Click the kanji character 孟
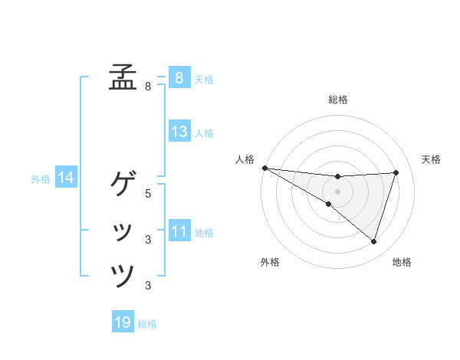123,77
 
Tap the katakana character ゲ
123,183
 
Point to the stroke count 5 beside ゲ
148,194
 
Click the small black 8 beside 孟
148,87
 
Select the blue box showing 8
179,77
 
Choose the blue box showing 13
179,132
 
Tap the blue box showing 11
179,231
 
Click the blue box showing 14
66,178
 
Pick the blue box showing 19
123,322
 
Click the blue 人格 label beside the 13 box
204,133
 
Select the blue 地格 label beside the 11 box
204,233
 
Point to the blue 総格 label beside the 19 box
147,324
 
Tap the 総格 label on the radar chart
337,100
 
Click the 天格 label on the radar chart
431,159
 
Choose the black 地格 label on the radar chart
402,262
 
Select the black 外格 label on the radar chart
270,262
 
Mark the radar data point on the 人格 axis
264,168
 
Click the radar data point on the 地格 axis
373,241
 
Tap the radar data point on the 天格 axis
396,172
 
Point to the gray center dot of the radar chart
337,191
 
